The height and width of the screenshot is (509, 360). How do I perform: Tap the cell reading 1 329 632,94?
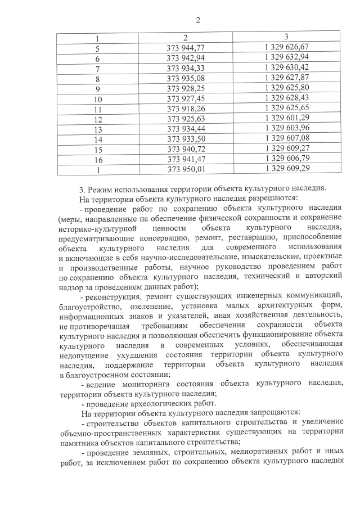coord(286,58)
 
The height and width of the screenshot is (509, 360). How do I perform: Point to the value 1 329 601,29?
coord(286,119)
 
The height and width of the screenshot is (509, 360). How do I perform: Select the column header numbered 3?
coord(286,37)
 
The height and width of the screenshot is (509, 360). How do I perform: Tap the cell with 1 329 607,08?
coord(286,139)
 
